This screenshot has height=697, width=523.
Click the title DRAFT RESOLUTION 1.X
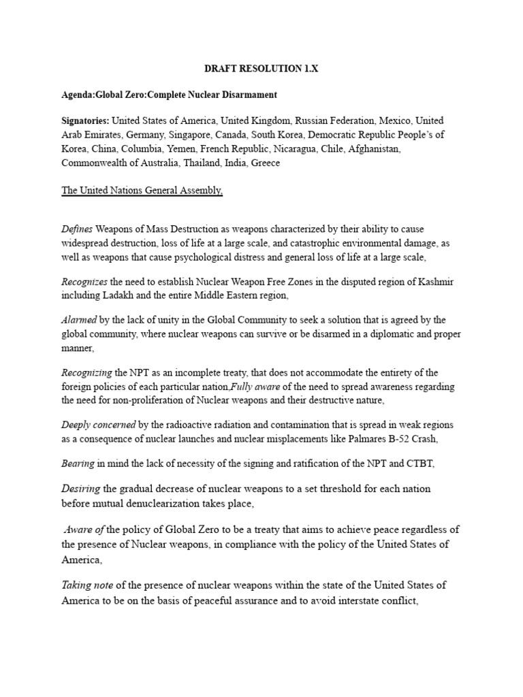click(261, 69)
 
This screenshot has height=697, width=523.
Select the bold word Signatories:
click(85, 120)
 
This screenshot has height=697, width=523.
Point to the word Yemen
click(181, 149)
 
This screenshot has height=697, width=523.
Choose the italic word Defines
click(76, 229)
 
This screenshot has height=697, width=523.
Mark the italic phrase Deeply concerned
click(98, 425)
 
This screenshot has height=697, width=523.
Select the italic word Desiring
click(80, 489)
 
